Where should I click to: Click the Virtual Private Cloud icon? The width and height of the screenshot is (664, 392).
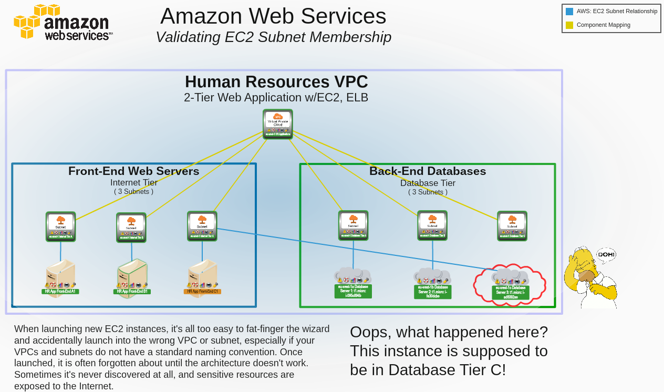click(278, 123)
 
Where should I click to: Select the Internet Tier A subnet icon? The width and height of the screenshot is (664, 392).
click(60, 226)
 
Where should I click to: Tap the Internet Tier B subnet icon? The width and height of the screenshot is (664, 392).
click(131, 227)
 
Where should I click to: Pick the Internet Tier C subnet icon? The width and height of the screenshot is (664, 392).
click(202, 225)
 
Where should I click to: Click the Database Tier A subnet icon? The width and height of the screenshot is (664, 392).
click(353, 225)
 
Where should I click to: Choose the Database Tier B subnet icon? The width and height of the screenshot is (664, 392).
click(432, 225)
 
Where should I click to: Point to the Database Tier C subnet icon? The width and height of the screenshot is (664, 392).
click(512, 225)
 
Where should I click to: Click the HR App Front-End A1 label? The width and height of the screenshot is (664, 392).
click(60, 291)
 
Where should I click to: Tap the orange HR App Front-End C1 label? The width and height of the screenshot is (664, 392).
click(202, 291)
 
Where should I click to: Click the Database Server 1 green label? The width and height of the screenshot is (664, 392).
click(353, 291)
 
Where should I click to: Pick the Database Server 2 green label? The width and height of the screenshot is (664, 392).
click(432, 292)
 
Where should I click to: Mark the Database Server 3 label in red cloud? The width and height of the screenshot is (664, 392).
click(511, 292)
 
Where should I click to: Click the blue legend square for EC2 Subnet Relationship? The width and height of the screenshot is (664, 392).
click(569, 11)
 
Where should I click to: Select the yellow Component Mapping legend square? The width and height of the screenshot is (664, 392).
click(569, 25)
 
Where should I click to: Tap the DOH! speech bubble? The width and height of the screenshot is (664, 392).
click(606, 255)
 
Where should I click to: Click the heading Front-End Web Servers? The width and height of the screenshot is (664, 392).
click(134, 171)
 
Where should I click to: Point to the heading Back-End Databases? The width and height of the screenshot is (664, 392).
click(428, 171)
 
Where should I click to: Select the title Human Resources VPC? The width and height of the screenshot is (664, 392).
click(276, 82)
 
